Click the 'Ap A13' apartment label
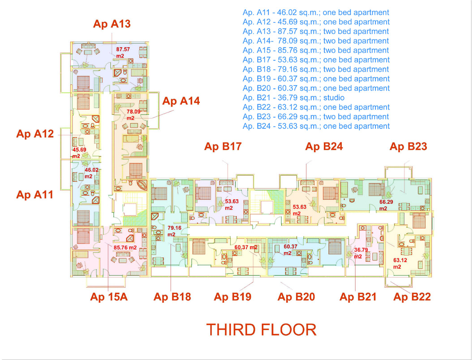point(112,24)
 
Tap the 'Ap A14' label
point(181,101)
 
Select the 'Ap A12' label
point(35,133)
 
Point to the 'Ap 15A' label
point(109,297)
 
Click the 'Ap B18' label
point(172,297)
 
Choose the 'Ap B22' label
point(412,297)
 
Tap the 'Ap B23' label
point(408,146)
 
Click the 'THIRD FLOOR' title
point(261,330)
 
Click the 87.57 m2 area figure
point(123,52)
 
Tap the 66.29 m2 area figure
point(386,205)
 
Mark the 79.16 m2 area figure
point(174,231)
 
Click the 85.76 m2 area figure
point(125,248)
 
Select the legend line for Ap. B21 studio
point(293,98)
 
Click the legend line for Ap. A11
point(316,13)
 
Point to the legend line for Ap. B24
point(316,126)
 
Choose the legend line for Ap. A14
point(316,41)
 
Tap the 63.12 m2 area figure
point(400,263)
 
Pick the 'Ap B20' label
point(296,297)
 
